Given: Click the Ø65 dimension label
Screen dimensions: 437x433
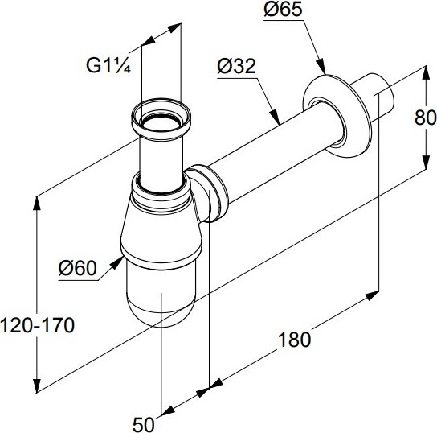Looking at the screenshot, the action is [283, 10].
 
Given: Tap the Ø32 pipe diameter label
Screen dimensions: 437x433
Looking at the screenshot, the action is [236, 67].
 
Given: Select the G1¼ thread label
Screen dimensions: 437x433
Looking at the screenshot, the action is [108, 66].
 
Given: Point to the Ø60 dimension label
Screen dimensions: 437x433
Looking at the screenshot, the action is [77, 268].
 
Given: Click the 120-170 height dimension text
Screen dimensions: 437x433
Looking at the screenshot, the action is [37, 325].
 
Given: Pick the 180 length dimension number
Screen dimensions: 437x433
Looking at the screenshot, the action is [294, 340].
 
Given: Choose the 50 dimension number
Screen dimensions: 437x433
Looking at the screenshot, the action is [143, 425].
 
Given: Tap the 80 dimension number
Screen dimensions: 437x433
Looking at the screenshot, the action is [426, 118].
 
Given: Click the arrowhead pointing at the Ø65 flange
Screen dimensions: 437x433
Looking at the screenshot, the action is [321, 67].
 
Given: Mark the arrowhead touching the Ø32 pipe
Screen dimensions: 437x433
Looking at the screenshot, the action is [275, 116].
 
